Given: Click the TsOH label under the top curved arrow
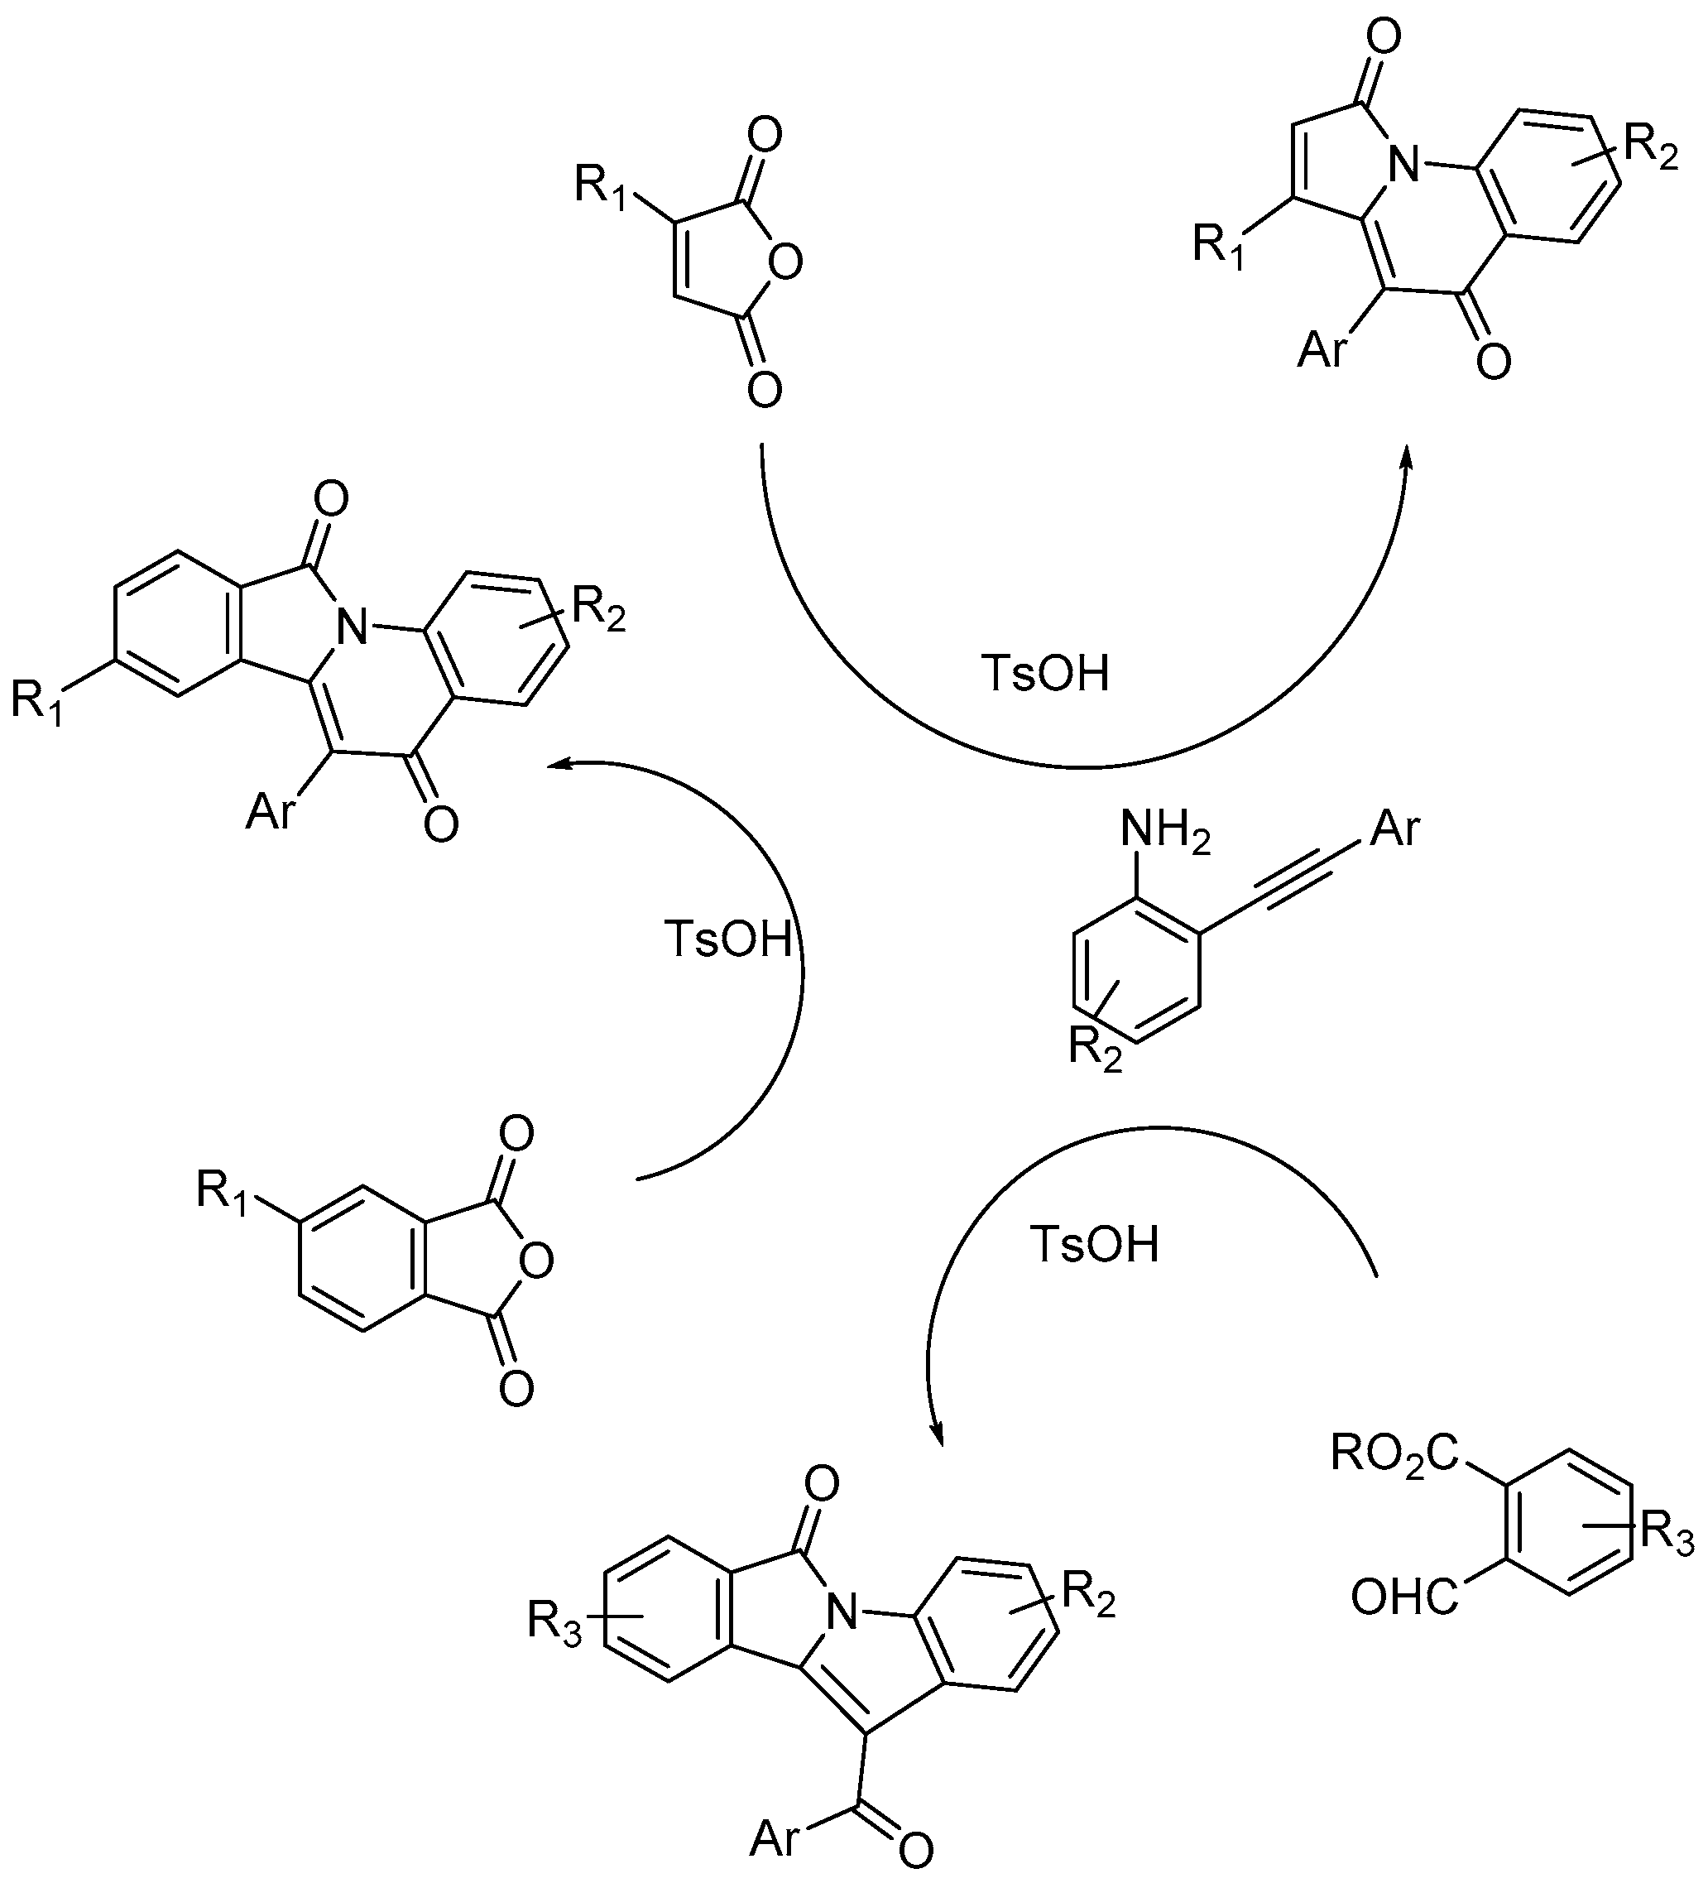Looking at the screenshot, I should (x=1045, y=672).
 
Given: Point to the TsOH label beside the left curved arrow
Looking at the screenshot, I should (x=727, y=939).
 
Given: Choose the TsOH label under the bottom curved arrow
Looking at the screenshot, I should (x=1095, y=1244).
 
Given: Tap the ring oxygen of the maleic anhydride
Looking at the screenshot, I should (x=786, y=263).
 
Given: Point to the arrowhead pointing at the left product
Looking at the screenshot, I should (x=558, y=766).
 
